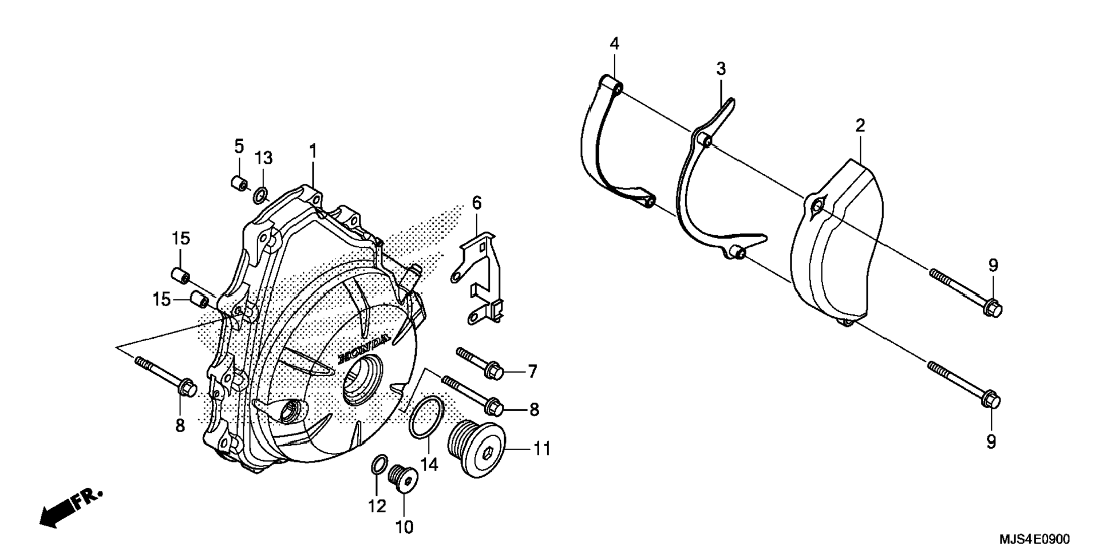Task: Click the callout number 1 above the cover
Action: pos(313,152)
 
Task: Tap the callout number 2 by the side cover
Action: pos(860,125)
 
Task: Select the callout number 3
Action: pos(721,69)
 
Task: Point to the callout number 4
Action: pos(614,44)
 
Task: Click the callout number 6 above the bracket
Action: pos(477,203)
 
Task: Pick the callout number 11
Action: pos(542,449)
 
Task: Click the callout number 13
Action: pos(264,158)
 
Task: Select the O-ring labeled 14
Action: pos(427,416)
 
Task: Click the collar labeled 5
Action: pos(239,183)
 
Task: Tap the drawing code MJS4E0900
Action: pos(1034,539)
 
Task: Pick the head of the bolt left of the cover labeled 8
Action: pos(187,389)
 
